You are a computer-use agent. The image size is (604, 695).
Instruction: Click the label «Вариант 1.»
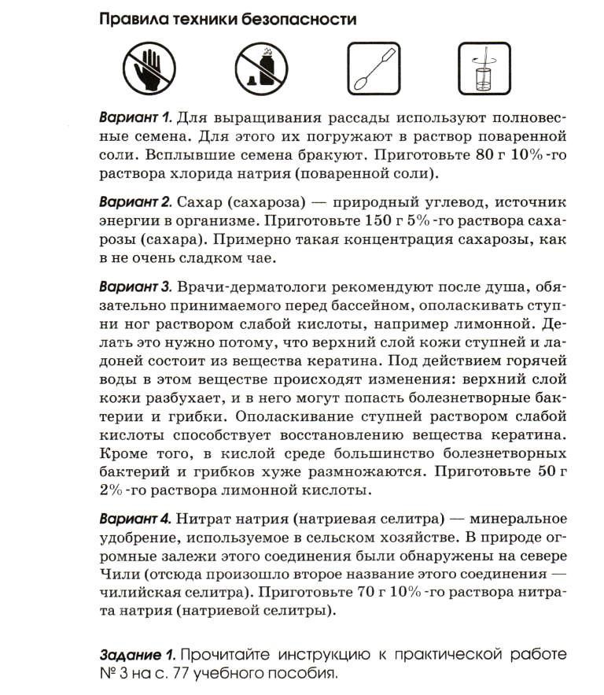point(135,119)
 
